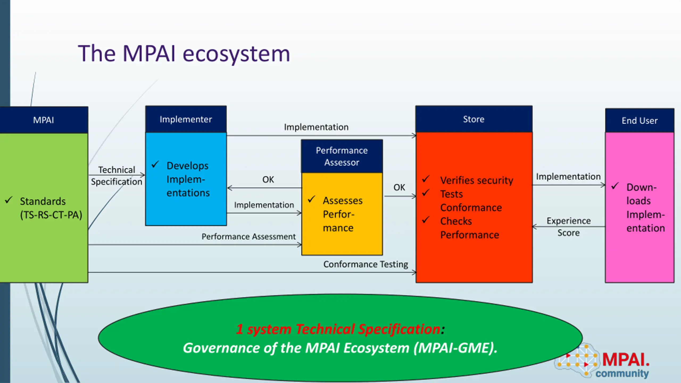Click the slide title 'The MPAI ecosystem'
tap(184, 53)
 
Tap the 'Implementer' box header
tap(186, 119)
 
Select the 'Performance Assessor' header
tap(342, 156)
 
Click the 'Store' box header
tap(474, 119)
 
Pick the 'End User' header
tap(640, 120)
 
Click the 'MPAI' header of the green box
tap(44, 120)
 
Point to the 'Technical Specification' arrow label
tap(117, 176)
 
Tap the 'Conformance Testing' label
tap(366, 264)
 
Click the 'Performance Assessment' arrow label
tap(248, 236)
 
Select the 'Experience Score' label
tap(568, 227)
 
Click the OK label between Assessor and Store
tap(399, 187)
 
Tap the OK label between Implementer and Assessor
tap(268, 180)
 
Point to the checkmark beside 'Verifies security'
tap(426, 179)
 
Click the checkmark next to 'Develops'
tap(155, 164)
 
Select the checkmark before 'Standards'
tap(9, 200)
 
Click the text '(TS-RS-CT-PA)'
tap(51, 215)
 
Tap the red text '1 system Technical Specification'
tap(338, 329)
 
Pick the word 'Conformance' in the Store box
tap(471, 208)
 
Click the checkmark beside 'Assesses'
tap(311, 199)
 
